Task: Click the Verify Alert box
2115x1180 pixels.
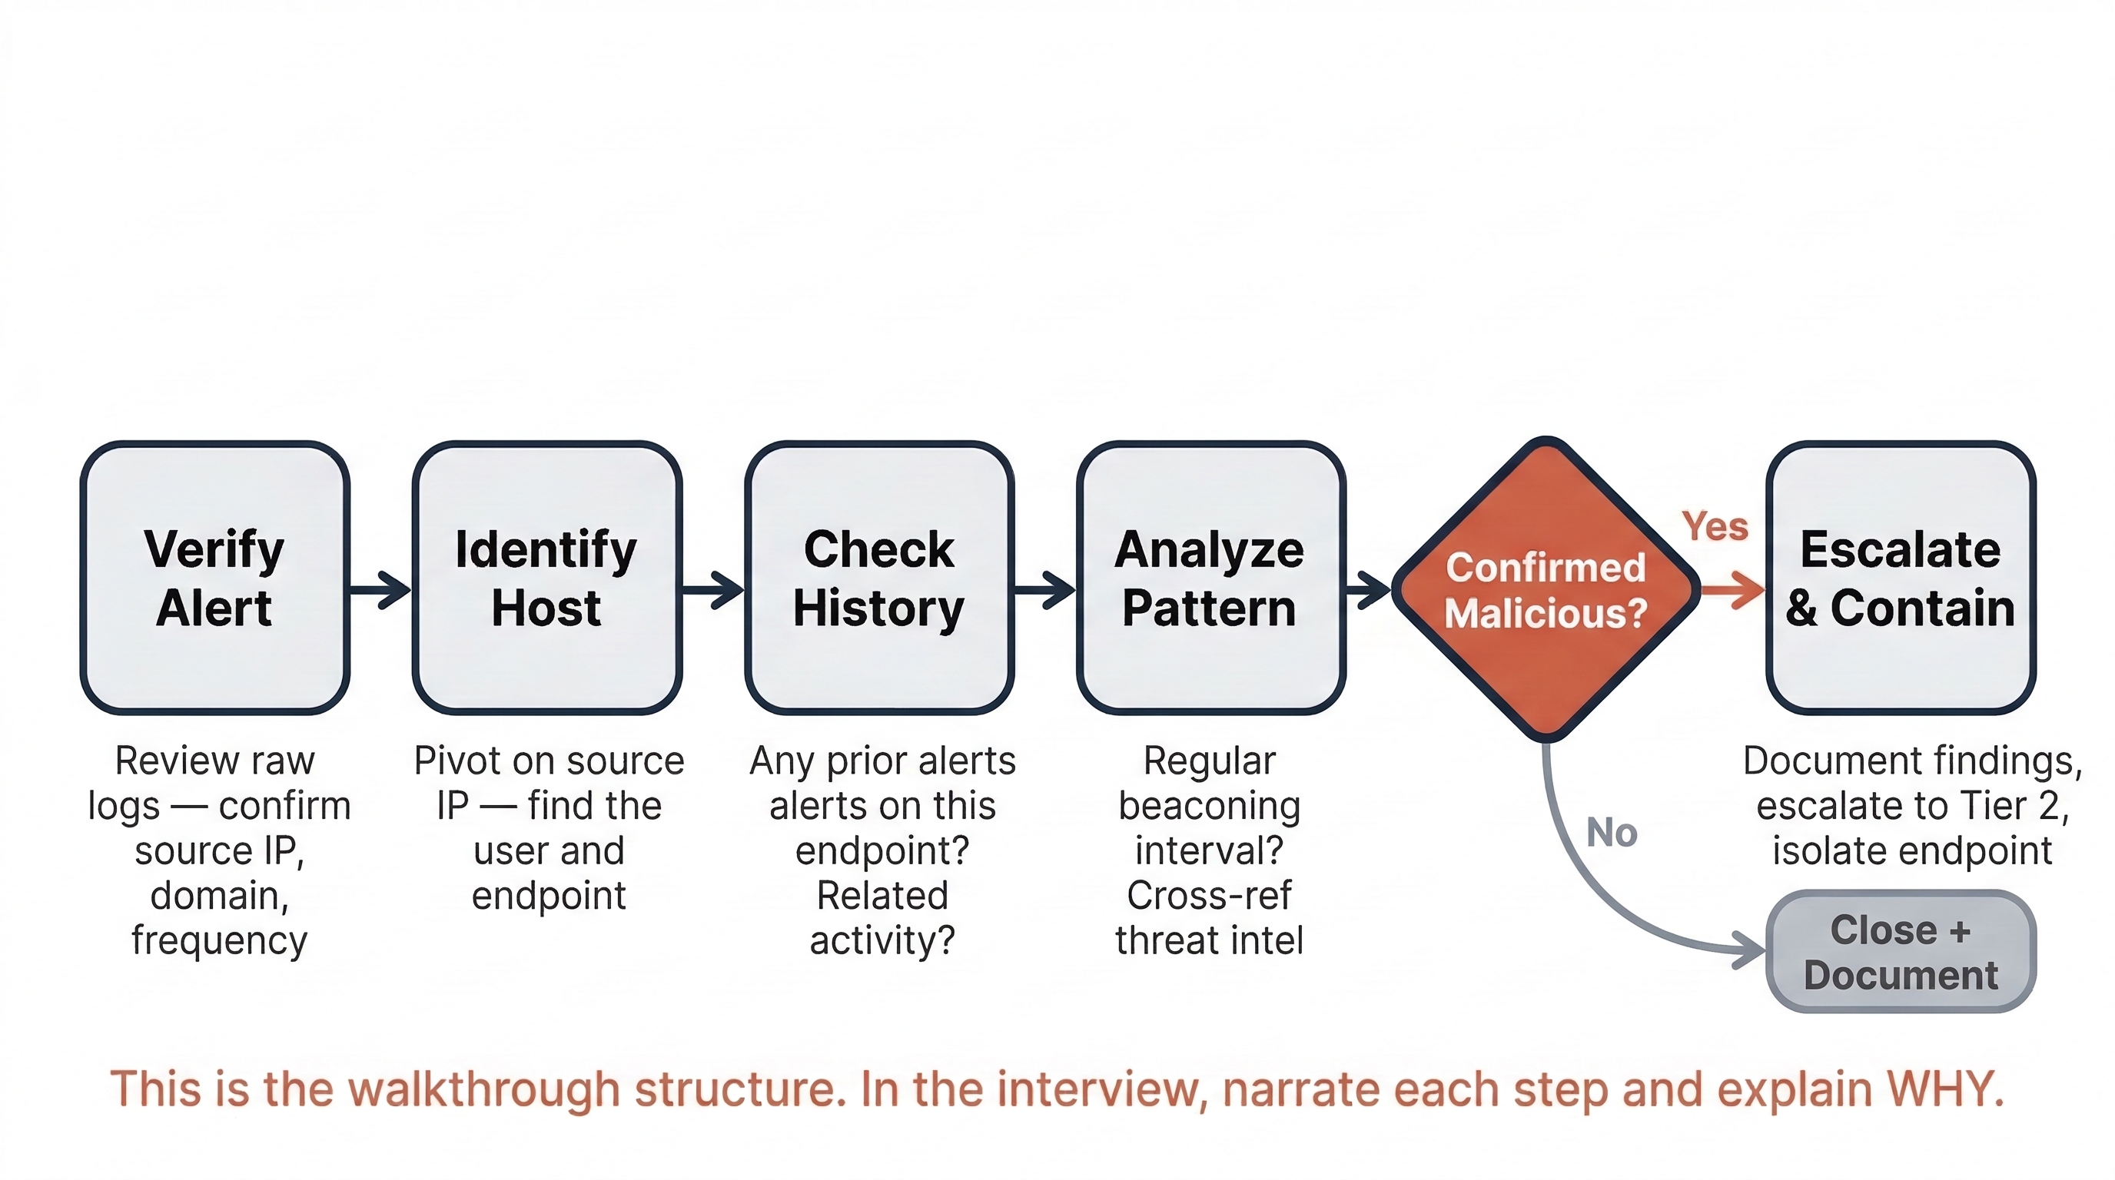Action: click(x=215, y=578)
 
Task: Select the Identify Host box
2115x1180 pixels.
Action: click(x=547, y=578)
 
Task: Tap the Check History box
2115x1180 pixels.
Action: click(x=879, y=578)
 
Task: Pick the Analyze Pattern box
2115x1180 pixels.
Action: click(x=1210, y=578)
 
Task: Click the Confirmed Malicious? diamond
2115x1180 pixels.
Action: click(x=1546, y=589)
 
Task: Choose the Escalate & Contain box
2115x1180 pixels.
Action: click(x=1900, y=578)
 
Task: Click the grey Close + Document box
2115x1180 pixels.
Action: click(x=1900, y=952)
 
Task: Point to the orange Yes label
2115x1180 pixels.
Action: click(x=1715, y=526)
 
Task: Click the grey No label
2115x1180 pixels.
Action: click(x=1612, y=832)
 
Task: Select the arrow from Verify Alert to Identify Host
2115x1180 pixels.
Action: click(x=380, y=589)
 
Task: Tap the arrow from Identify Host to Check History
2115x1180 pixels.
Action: click(x=712, y=589)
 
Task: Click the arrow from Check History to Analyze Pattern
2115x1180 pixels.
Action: click(x=1044, y=589)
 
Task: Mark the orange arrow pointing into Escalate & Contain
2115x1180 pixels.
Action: click(x=1732, y=590)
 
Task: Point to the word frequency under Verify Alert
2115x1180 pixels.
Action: click(x=219, y=940)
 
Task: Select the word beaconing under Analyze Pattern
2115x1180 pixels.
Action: click(x=1210, y=806)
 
